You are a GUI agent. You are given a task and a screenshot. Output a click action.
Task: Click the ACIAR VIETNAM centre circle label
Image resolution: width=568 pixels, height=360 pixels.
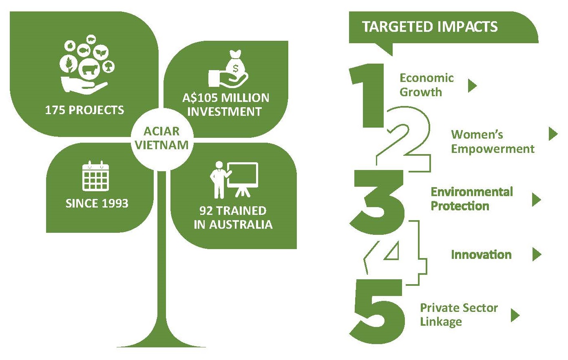coord(162,138)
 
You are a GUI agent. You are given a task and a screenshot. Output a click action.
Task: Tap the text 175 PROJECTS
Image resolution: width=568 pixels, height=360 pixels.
coord(84,110)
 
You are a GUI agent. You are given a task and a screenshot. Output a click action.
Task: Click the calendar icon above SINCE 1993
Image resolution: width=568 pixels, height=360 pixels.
coord(95,176)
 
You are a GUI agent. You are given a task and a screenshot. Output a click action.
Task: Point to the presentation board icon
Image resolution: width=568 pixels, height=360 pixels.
coord(243,179)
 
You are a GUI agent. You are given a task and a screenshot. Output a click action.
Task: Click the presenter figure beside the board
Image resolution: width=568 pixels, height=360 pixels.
coord(220,180)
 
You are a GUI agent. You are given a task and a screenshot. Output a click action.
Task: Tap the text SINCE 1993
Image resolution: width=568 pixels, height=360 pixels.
coord(97,203)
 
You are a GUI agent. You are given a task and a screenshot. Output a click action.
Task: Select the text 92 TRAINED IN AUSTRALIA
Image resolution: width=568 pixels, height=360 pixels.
coord(233,218)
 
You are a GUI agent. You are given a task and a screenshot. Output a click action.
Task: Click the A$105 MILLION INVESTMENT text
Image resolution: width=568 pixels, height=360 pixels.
coord(225,105)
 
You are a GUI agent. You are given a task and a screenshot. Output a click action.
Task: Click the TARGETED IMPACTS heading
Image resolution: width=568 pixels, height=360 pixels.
coord(430,27)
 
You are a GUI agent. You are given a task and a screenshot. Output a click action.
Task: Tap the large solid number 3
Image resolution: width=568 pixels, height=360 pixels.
coord(377,202)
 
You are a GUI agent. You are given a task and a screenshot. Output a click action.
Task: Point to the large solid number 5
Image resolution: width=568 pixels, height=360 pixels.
coord(377,311)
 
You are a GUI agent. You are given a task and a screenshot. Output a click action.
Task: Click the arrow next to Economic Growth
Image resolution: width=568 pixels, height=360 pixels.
coord(472,86)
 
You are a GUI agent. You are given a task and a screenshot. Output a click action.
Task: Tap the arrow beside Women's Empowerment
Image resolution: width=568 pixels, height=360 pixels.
coord(553,134)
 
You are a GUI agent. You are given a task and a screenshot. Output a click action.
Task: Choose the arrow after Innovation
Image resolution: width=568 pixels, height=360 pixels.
coord(537,254)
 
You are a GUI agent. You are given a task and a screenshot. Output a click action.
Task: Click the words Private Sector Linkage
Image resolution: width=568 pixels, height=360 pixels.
coord(459,315)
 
